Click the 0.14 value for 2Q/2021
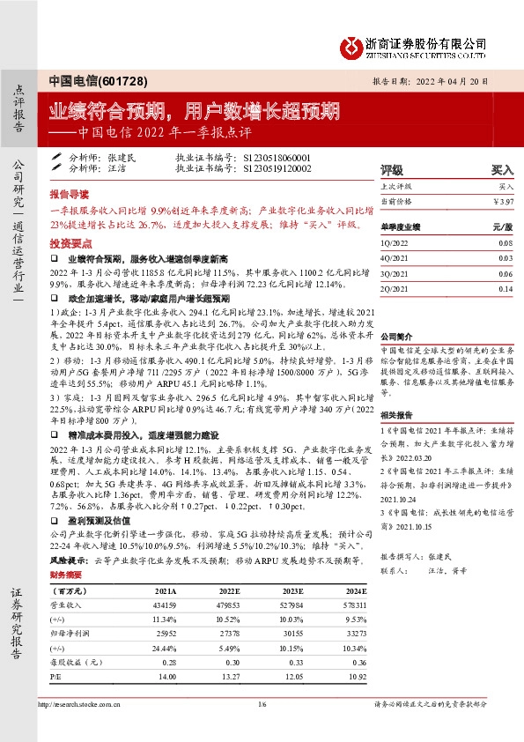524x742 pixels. [x=505, y=288]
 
